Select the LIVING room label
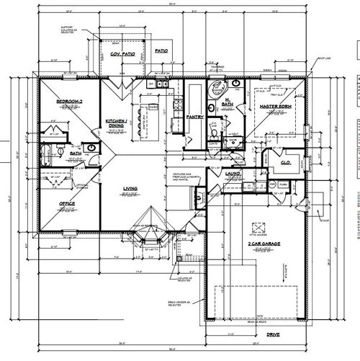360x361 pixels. [130, 190]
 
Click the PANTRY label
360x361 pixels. [194, 116]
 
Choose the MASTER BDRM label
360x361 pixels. [274, 106]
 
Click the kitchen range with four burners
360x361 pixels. [152, 107]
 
